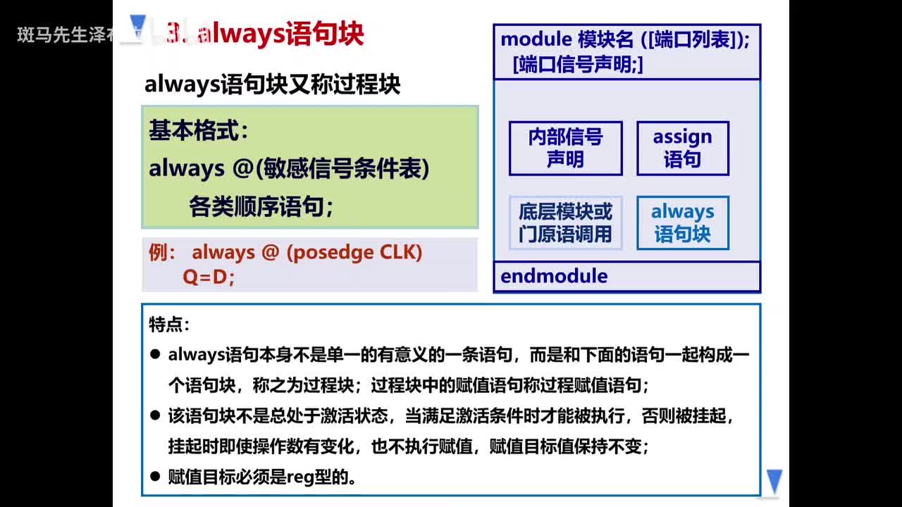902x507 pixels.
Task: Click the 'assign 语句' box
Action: tap(682, 148)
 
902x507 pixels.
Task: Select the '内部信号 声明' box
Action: tap(565, 148)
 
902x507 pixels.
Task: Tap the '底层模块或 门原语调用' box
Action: tap(565, 223)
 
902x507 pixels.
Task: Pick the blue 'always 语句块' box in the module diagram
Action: tap(682, 223)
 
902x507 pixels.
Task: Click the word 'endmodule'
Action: tap(554, 276)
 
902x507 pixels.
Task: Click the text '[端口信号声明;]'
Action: tap(578, 64)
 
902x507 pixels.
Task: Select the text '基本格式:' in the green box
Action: tap(198, 131)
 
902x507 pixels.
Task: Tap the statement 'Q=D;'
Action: tap(209, 277)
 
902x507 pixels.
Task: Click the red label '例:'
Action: tap(162, 253)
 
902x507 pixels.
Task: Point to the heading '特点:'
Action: tap(169, 325)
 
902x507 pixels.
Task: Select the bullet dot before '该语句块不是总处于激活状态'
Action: tap(155, 415)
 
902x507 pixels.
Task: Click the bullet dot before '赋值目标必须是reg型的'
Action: tap(155, 477)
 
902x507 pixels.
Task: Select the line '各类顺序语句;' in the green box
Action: tap(261, 207)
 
